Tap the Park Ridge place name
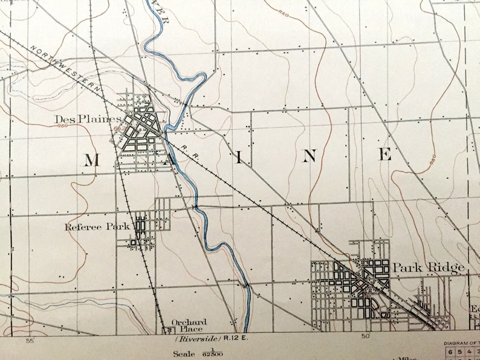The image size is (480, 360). tap(428, 267)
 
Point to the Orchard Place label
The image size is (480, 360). tap(189, 326)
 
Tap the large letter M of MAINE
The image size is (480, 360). tap(91, 159)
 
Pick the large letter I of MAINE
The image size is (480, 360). tap(239, 158)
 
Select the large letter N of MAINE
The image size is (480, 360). tap(309, 156)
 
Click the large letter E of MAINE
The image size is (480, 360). tap(385, 154)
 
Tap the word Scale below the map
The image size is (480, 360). tap(184, 354)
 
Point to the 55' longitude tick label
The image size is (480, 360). tap(30, 341)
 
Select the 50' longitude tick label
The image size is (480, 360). tap(365, 336)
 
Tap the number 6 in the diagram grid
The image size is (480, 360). tap(450, 352)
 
